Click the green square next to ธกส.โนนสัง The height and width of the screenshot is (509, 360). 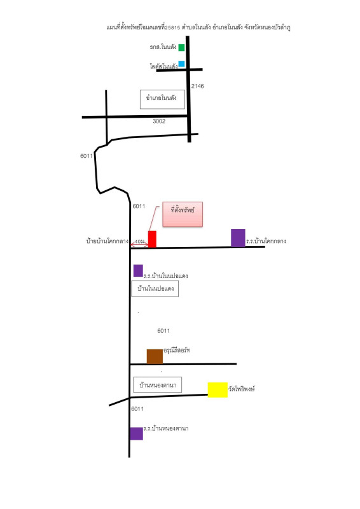pos(181,47)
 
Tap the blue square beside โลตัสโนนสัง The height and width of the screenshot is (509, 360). pos(181,64)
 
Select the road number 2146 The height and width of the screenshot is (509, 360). pos(197,86)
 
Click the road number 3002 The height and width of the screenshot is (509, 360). pos(159,121)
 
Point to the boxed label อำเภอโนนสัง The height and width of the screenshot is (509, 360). pos(162,99)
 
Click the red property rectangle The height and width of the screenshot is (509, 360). pos(152,239)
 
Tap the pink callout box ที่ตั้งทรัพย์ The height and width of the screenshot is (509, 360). pos(183,214)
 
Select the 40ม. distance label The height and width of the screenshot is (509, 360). pos(140,242)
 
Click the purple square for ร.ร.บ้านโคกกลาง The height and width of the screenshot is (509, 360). pos(238,238)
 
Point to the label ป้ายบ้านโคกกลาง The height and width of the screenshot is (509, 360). pos(107,241)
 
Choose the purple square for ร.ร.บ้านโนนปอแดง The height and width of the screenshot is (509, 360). pos(138,271)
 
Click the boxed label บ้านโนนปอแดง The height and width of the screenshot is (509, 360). pos(155,289)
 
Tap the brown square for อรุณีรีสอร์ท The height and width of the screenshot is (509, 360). pos(155,356)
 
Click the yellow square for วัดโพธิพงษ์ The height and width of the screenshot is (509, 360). pos(218,390)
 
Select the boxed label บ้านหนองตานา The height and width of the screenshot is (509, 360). pos(158,385)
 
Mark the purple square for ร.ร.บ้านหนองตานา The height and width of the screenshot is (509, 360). pos(136,434)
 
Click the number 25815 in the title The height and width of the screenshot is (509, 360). pos(172,28)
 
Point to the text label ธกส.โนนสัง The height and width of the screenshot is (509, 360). pos(163,47)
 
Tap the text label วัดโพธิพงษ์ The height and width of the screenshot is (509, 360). pos(242,389)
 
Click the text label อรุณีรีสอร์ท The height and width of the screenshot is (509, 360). pos(177,351)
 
